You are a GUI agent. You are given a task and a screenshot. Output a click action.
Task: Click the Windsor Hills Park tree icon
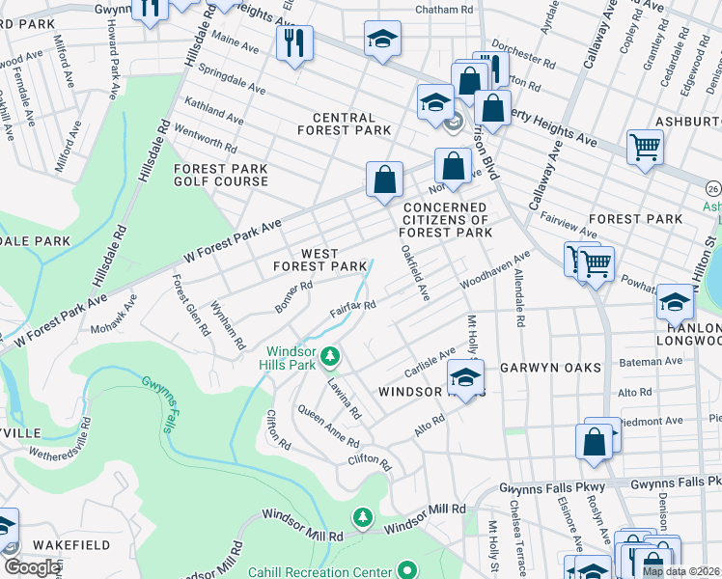point(330,358)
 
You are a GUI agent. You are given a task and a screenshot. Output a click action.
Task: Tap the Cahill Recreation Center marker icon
point(407,569)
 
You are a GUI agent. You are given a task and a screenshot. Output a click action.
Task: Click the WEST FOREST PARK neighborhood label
point(319,258)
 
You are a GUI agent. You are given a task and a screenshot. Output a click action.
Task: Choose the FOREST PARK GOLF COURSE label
point(220,175)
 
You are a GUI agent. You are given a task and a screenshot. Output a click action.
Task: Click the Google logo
point(32,567)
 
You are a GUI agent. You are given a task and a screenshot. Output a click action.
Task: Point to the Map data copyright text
point(680,571)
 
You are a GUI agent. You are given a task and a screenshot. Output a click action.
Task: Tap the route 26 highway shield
point(712,185)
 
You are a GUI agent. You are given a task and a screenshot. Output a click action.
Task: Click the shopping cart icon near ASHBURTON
point(645,148)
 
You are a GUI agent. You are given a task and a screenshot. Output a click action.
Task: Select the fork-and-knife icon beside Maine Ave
point(292,41)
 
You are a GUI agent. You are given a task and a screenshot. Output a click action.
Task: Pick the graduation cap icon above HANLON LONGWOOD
point(675,302)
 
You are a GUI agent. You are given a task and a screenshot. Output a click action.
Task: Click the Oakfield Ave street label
point(415,272)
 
